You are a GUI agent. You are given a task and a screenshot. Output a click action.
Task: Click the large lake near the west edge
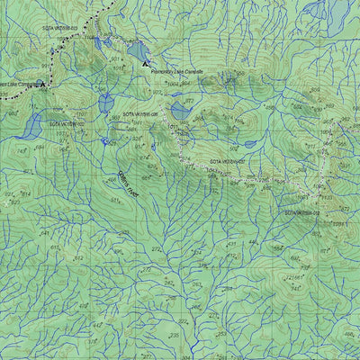tap(32, 125)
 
